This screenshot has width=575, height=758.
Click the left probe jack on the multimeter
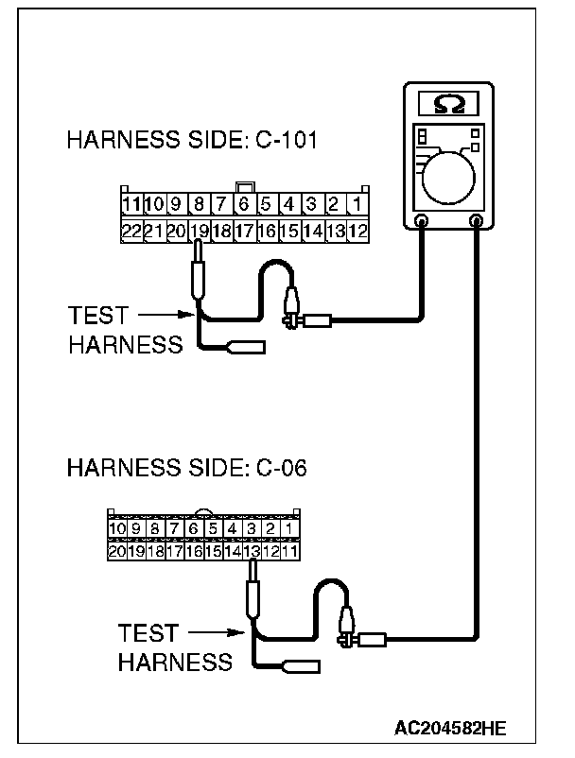422,221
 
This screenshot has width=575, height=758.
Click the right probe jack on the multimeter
477,221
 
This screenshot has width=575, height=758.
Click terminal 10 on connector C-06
117,528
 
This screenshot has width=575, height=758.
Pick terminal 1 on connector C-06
289,528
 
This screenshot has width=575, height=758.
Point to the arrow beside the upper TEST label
170,315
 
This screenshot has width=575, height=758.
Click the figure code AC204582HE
451,729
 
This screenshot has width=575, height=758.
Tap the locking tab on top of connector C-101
244,187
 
